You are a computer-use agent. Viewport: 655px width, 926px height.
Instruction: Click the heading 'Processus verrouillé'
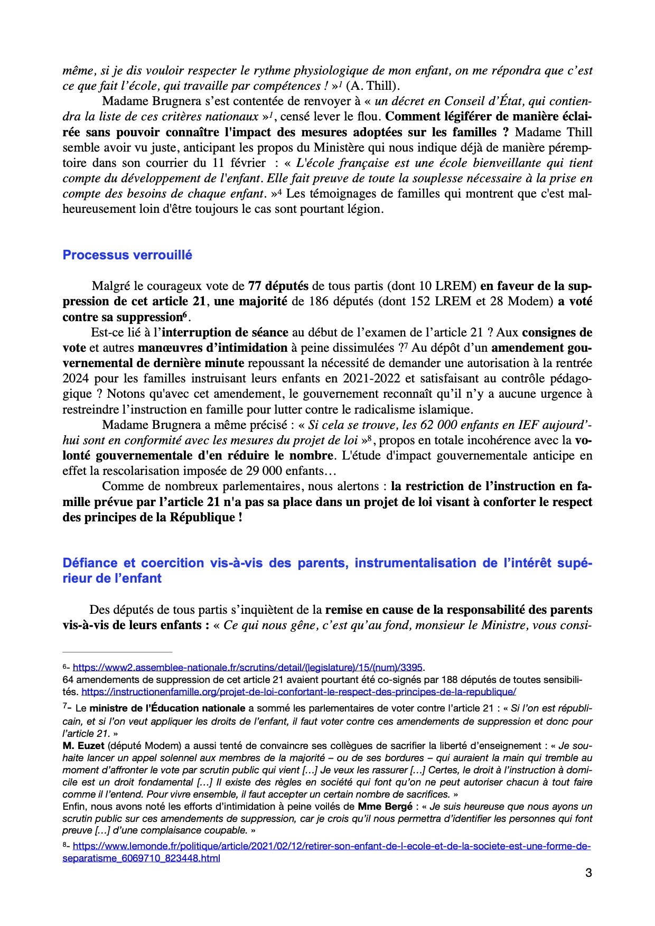coord(127,255)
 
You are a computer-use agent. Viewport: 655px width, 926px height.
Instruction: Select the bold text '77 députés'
coord(278,286)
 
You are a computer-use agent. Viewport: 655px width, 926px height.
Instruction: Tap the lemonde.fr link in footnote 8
coord(331,846)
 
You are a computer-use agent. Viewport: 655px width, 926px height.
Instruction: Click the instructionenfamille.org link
coord(298,691)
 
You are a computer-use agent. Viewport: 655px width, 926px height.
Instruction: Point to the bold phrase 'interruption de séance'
coord(225,332)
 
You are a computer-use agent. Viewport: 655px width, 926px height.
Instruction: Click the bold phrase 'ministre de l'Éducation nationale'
coord(167,708)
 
